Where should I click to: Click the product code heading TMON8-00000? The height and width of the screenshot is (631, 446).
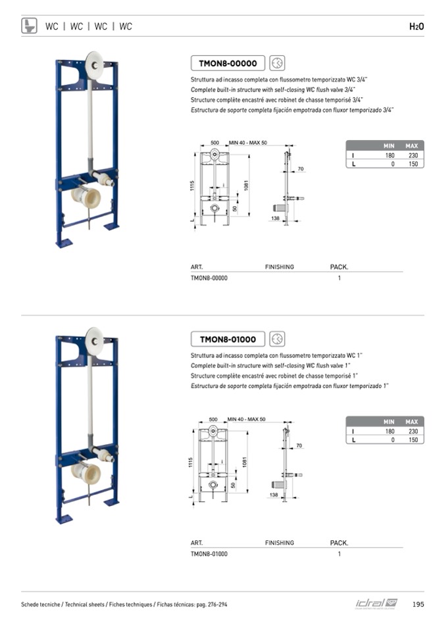(x=228, y=63)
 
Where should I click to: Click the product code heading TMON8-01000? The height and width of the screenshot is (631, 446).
(x=228, y=339)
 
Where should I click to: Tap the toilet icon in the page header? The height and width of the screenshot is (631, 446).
(x=30, y=26)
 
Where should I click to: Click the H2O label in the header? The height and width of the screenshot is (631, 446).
(x=416, y=26)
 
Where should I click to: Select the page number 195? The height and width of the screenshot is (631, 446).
(x=418, y=605)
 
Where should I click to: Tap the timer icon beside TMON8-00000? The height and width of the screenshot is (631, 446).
(x=277, y=63)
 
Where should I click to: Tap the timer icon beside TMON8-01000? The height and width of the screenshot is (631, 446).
(x=277, y=339)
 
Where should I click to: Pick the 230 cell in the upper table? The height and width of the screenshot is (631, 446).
(x=412, y=155)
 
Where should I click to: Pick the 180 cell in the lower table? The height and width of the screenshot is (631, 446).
(x=389, y=432)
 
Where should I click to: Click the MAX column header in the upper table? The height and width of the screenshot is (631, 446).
(x=412, y=145)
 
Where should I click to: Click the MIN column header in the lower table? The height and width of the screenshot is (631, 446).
(x=389, y=422)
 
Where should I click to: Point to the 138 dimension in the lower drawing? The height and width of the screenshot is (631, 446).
(x=273, y=494)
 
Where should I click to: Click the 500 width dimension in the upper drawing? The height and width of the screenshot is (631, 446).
(x=214, y=143)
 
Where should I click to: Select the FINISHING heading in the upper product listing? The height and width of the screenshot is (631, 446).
(x=280, y=267)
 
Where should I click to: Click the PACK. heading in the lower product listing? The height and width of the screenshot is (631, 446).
(x=339, y=543)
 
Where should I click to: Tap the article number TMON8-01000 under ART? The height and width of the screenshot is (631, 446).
(x=209, y=554)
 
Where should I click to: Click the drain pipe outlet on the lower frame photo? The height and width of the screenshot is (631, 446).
(x=86, y=473)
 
